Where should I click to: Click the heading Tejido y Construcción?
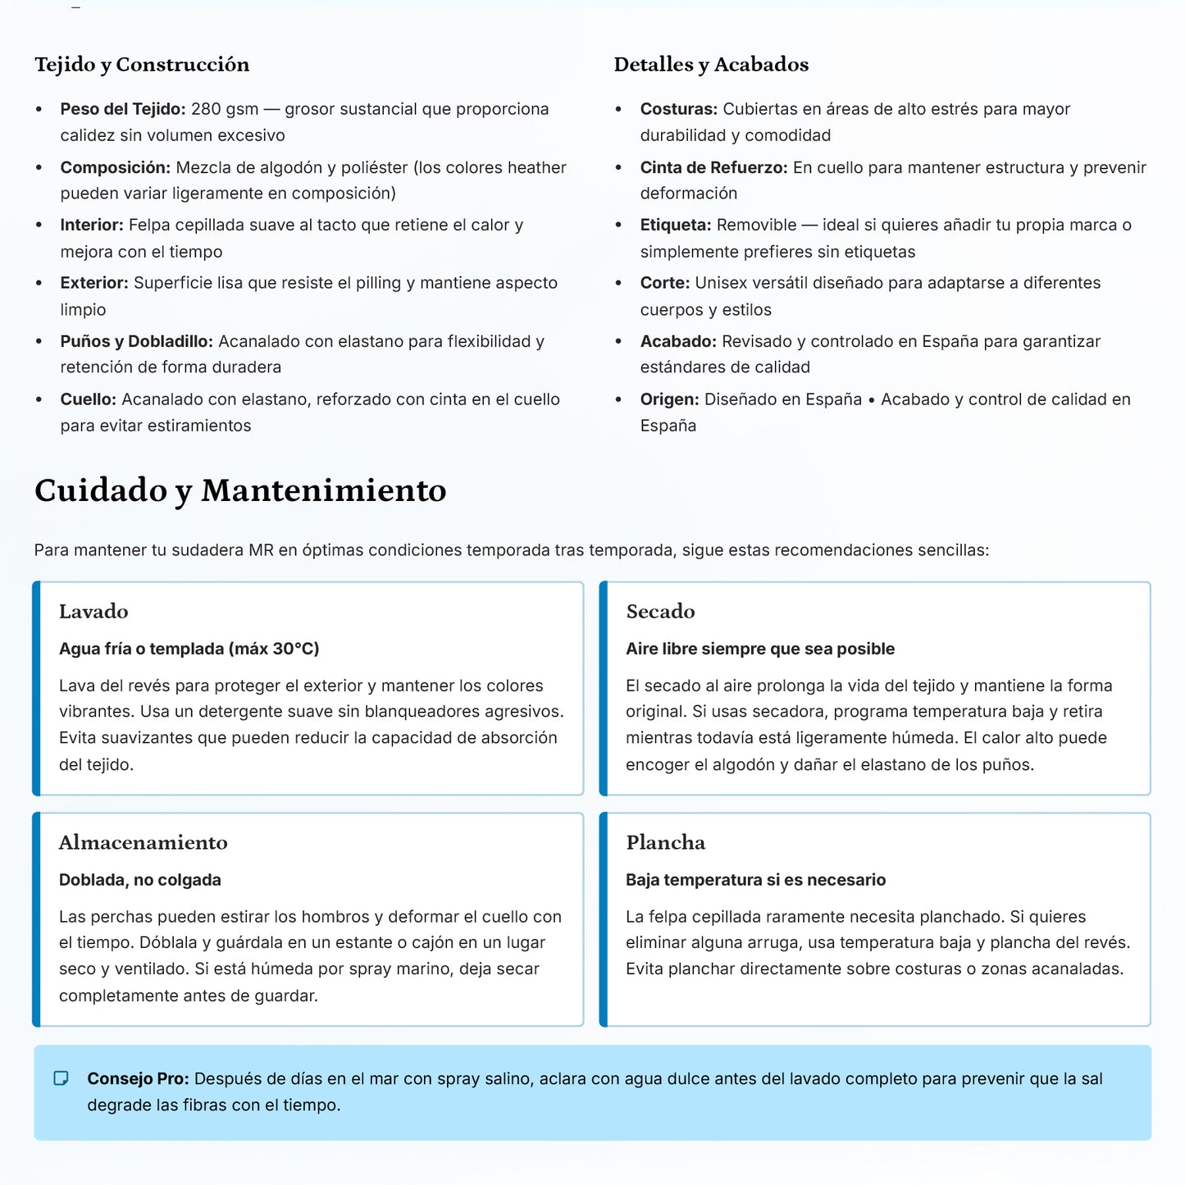(142, 65)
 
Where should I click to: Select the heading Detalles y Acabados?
(711, 65)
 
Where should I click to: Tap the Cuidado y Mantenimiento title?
(240, 490)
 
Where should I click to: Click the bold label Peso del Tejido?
(123, 109)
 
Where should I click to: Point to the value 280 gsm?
(225, 109)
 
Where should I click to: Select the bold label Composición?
(115, 167)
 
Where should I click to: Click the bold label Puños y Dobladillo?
(136, 341)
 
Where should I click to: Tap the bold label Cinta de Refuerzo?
(713, 167)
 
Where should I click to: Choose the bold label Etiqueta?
(676, 225)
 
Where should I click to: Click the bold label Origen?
(669, 399)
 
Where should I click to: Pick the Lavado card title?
(93, 611)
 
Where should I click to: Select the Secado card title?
(660, 611)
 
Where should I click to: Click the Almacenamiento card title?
(144, 842)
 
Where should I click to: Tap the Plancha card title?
(665, 842)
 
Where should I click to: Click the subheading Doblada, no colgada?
(140, 880)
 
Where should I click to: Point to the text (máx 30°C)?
(274, 649)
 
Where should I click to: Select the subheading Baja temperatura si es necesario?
(755, 880)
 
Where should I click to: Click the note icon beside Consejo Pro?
(61, 1078)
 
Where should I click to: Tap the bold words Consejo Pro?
(138, 1078)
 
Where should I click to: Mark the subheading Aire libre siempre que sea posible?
(760, 649)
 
